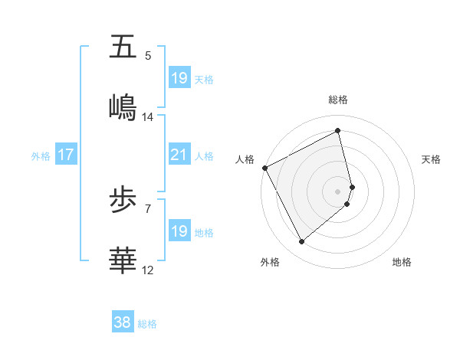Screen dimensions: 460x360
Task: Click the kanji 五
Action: point(123,47)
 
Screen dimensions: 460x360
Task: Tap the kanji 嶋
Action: point(123,107)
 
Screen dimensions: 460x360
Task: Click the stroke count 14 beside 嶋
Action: point(148,117)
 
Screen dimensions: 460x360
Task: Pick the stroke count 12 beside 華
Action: point(148,270)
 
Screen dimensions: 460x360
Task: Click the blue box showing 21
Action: point(179,155)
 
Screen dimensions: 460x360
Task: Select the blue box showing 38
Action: point(123,323)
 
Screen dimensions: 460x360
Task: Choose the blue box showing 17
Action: point(65,155)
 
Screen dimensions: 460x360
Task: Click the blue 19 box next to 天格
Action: point(179,78)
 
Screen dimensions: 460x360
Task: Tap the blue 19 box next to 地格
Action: point(179,231)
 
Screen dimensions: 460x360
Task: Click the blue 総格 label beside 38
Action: point(147,324)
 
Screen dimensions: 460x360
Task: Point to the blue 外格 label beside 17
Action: point(41,155)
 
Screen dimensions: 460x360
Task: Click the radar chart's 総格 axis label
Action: point(338,100)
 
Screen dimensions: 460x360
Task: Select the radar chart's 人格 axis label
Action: point(245,159)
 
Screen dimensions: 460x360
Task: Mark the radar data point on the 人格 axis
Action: point(264,168)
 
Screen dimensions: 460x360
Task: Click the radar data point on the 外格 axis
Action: point(301,242)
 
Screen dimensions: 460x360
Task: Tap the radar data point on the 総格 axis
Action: point(338,131)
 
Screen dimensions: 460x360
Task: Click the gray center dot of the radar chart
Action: point(338,191)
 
